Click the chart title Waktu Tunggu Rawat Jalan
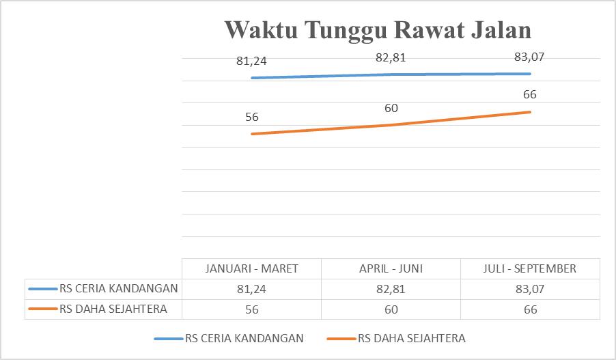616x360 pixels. [x=378, y=30]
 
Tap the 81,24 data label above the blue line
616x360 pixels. [x=251, y=61]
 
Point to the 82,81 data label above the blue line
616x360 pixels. [x=391, y=57]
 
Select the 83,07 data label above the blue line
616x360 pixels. [x=529, y=57]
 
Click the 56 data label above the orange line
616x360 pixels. [x=251, y=117]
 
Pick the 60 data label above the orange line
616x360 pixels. [x=391, y=108]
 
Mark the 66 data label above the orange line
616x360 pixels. [x=529, y=95]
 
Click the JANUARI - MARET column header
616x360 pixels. [x=251, y=268]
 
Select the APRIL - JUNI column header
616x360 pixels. [x=391, y=268]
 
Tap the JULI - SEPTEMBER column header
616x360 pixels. [x=529, y=268]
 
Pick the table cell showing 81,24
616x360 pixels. [x=251, y=289]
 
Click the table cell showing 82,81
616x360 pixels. [x=391, y=289]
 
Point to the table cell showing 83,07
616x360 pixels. [x=529, y=289]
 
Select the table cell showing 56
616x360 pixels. [x=251, y=309]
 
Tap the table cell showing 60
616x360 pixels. [x=391, y=309]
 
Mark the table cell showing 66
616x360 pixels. [x=529, y=309]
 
